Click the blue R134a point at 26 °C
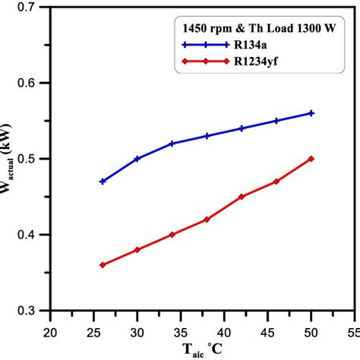click(103, 182)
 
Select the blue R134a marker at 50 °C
click(311, 112)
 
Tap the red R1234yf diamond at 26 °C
click(103, 265)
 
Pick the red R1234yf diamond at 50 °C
click(311, 159)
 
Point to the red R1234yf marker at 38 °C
click(207, 219)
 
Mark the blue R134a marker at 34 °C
click(172, 144)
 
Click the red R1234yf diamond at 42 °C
click(242, 197)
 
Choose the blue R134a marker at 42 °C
click(242, 128)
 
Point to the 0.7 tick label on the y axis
click(33, 7)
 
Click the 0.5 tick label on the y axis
click(33, 159)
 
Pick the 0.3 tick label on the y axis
click(33, 311)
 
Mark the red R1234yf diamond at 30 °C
click(137, 250)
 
